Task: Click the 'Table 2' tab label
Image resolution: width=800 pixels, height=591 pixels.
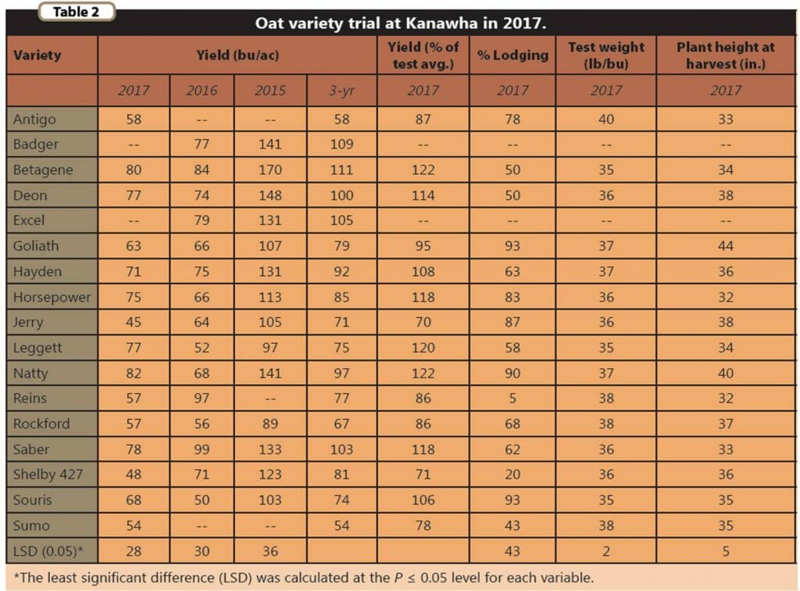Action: coord(77,12)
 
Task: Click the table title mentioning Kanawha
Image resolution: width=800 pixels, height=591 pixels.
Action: coord(400,23)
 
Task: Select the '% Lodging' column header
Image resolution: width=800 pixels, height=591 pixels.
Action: coord(512,56)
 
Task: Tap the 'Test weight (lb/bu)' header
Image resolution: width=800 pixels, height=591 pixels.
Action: coord(606,56)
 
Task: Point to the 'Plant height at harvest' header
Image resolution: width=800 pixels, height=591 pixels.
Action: coord(725,56)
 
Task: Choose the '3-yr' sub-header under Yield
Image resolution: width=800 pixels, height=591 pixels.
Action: coord(341,91)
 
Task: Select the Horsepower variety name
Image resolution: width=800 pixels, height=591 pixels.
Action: coord(52,297)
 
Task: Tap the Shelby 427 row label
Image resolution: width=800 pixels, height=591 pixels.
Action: coord(48,475)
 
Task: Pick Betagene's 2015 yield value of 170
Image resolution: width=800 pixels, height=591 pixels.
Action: coord(270,170)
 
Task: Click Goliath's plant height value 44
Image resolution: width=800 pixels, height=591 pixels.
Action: coord(725,246)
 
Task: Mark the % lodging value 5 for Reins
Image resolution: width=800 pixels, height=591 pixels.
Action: coord(512,398)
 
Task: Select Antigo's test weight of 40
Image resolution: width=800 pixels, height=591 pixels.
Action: coord(606,120)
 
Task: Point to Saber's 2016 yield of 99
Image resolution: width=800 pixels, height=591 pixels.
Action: coord(202,450)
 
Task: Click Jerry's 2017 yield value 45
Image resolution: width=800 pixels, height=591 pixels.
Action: coord(134,322)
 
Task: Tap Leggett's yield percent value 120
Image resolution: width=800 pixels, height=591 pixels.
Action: coord(423,348)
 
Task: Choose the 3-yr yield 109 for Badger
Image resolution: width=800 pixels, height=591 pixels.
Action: coord(341,145)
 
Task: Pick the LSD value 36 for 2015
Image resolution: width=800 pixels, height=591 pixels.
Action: coord(270,551)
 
